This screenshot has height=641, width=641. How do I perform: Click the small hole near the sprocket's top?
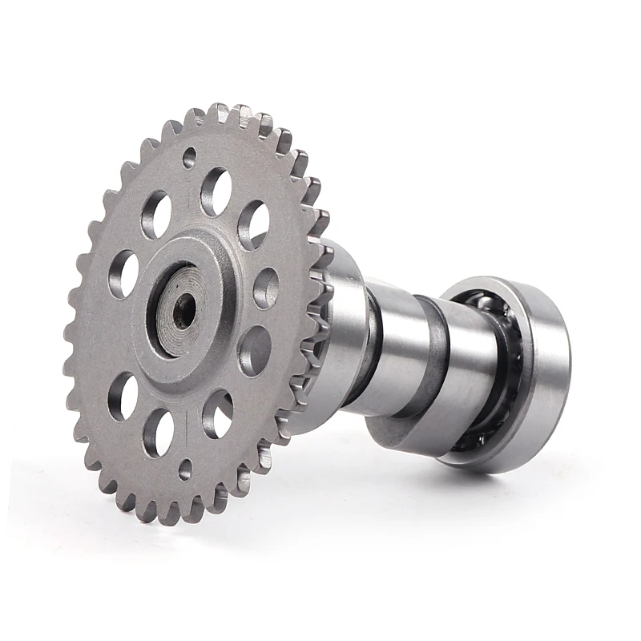[x=190, y=157]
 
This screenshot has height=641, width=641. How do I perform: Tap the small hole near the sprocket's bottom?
[x=185, y=469]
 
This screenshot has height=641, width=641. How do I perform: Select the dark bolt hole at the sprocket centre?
[x=183, y=310]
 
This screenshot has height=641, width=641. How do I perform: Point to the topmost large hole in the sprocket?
[x=216, y=191]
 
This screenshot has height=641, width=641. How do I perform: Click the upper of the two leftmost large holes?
[x=123, y=273]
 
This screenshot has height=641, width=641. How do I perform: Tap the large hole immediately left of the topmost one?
[x=156, y=214]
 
